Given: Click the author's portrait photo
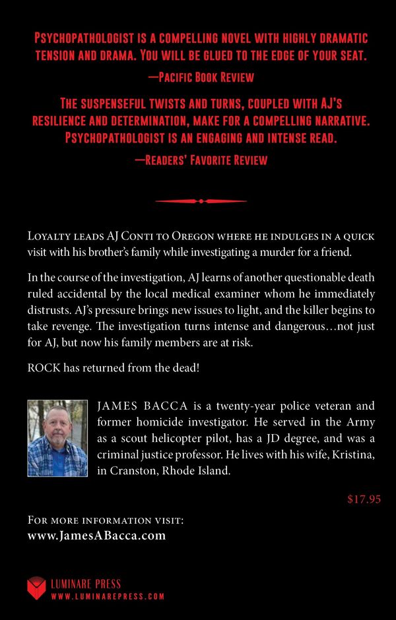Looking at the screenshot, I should pos(57,438).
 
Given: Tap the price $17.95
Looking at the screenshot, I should pos(364,499).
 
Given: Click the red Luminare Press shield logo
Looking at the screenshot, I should pos(36,588).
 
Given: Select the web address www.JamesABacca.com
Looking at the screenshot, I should pos(96,536).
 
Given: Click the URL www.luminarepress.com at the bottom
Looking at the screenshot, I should pos(108,596).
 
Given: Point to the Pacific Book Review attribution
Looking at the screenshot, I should pos(201,77).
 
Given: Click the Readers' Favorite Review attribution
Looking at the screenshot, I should pos(201,160).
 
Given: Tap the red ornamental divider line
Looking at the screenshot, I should pos(201,201).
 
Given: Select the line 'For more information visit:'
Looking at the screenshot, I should pos(105,520).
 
